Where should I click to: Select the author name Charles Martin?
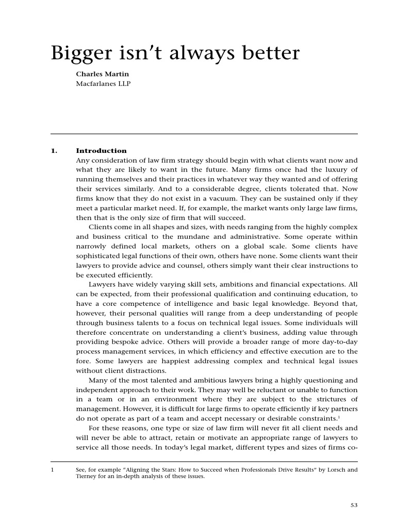tap(103, 74)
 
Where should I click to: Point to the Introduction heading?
tap(101, 151)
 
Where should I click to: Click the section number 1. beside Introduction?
tap(54, 151)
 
